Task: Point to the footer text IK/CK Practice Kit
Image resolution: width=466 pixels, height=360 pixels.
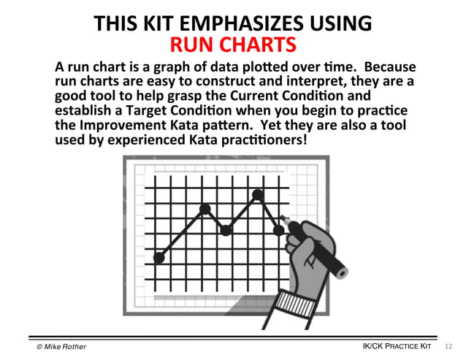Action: (x=397, y=345)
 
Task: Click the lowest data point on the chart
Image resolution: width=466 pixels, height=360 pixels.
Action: (x=159, y=257)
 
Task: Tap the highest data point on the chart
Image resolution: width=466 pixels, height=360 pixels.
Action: (x=257, y=194)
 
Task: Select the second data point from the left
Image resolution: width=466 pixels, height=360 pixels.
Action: (x=205, y=210)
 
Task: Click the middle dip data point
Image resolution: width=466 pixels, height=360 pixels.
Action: (x=226, y=230)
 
